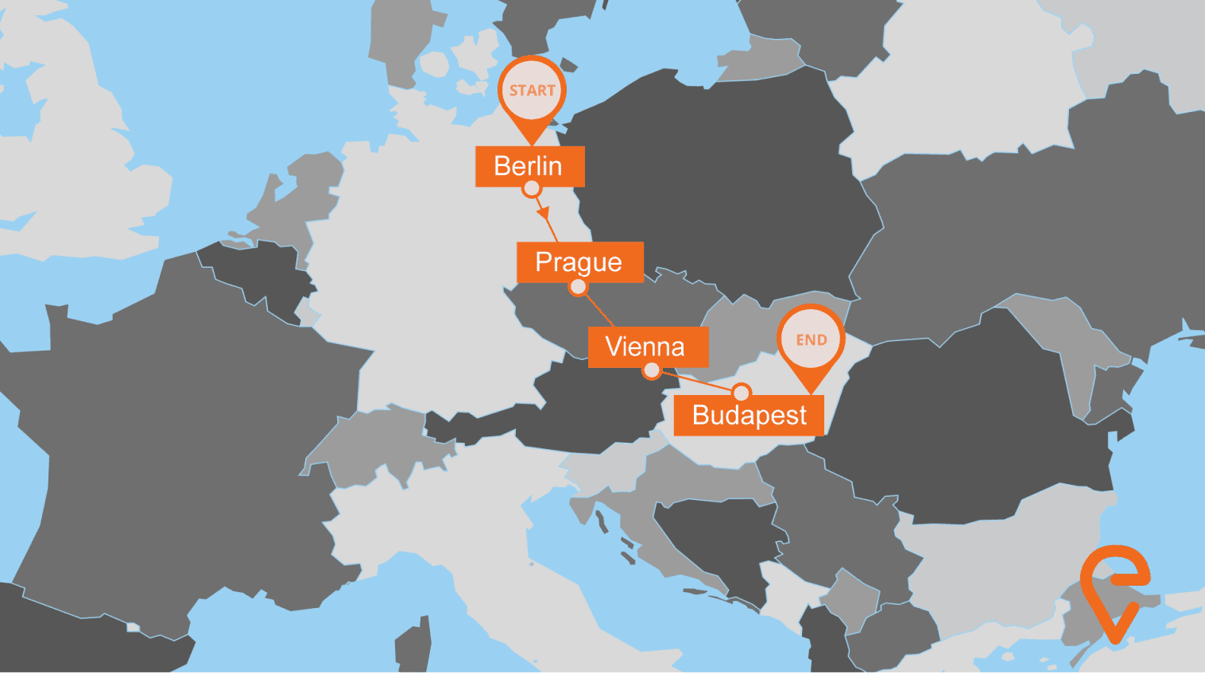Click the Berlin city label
point(529,166)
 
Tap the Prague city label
point(579,261)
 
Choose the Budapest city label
point(749,415)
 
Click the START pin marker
point(532,91)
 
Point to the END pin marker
point(811,340)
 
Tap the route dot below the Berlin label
point(532,189)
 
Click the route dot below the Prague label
point(579,286)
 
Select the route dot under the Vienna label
point(652,370)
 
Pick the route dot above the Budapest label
point(741,392)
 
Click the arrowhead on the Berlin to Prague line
point(543,213)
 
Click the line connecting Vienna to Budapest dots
point(696,382)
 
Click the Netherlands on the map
point(298,199)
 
